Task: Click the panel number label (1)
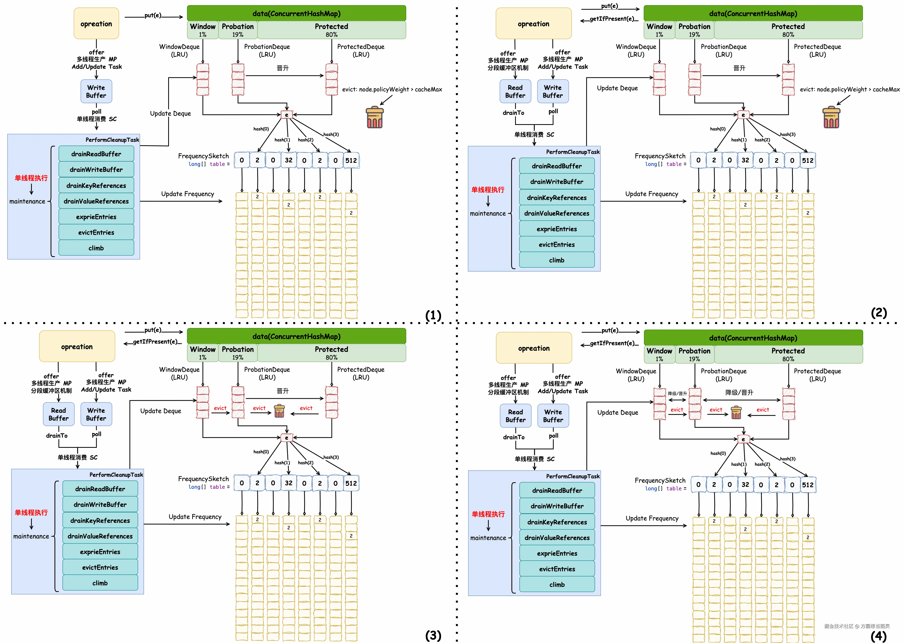pyautogui.click(x=433, y=316)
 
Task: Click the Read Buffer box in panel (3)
pyautogui.click(x=59, y=414)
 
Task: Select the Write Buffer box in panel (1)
pyautogui.click(x=96, y=92)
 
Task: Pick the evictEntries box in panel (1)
pyautogui.click(x=96, y=232)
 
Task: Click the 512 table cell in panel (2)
pyautogui.click(x=808, y=160)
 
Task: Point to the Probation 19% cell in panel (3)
pyautogui.click(x=238, y=353)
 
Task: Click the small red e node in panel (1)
pyautogui.click(x=286, y=115)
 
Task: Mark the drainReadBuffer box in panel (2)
pyautogui.click(x=557, y=166)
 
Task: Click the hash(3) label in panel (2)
pyautogui.click(x=788, y=134)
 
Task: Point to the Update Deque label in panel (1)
pyautogui.click(x=170, y=114)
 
